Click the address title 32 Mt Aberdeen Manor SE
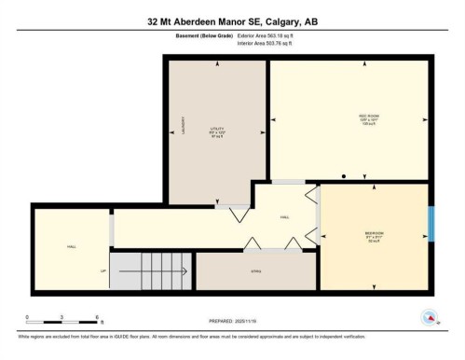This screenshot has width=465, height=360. (232, 20)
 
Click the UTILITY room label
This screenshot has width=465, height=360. (216, 130)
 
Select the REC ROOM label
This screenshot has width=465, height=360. (349, 117)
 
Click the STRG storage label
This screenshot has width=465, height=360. (253, 271)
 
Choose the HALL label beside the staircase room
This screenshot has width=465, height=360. (71, 246)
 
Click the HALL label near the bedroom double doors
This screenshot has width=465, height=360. (284, 215)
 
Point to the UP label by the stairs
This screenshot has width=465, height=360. (103, 271)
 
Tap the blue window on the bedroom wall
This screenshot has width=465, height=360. (431, 224)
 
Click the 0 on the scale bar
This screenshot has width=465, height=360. (27, 318)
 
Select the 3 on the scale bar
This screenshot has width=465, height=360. (62, 318)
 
